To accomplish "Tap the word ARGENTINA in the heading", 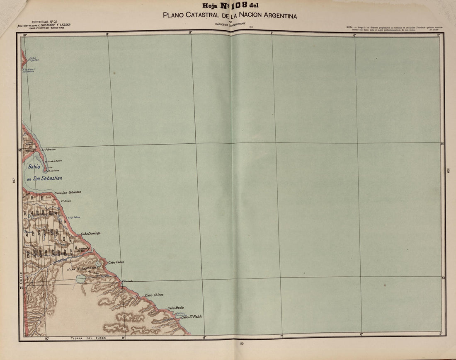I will click(x=278, y=16).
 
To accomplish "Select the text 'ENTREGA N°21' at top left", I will click(x=44, y=21).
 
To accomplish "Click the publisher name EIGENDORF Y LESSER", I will click(x=56, y=25).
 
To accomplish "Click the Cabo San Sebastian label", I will click(x=68, y=192).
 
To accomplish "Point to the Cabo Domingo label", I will click(x=90, y=233).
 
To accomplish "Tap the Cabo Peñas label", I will click(x=116, y=262).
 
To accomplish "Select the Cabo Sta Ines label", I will click(x=154, y=295).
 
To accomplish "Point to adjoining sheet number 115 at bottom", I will click(x=242, y=343).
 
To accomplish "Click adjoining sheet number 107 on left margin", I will click(x=14, y=180).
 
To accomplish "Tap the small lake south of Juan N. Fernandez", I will click(x=80, y=279).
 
